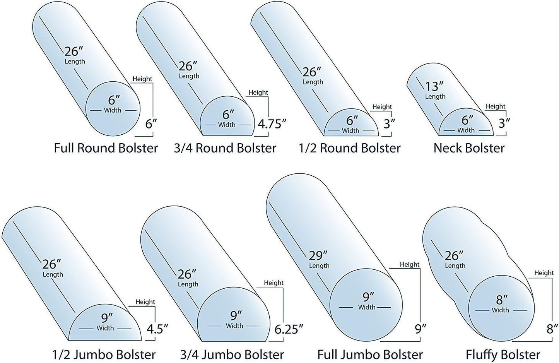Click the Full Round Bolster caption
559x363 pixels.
coord(106,148)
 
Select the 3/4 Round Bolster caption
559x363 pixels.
coord(225,148)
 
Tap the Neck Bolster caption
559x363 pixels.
coord(469,148)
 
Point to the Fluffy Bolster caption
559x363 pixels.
coord(503,354)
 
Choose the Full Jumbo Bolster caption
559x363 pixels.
coord(370,354)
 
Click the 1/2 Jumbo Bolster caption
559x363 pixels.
coord(104,354)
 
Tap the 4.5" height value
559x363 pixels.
coord(157,329)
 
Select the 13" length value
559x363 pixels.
coord(434,86)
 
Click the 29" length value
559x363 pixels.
coord(318,255)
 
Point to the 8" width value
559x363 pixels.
coord(502,300)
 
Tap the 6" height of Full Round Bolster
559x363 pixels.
coord(151,124)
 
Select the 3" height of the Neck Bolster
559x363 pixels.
coord(503,123)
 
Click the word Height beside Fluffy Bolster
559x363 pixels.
coord(544,273)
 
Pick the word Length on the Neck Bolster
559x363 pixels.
coord(435,96)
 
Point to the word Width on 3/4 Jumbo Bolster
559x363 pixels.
coord(234,326)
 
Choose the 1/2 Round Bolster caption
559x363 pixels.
coord(350,148)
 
